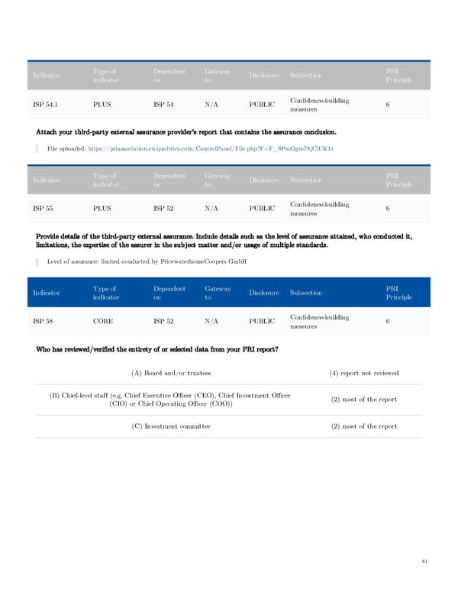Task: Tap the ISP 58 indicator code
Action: tap(43, 322)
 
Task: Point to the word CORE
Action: tap(103, 322)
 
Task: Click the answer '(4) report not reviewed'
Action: tap(364, 373)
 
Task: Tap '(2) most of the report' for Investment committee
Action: tap(364, 426)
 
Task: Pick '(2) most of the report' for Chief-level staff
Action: tap(364, 400)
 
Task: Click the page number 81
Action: tap(424, 562)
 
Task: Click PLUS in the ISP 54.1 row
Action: tap(102, 105)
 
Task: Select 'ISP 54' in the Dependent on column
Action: tap(163, 105)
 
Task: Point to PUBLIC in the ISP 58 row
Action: tap(262, 322)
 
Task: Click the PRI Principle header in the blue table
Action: tap(398, 293)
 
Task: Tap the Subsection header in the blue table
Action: tap(306, 293)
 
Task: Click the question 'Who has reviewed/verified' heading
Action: tap(156, 350)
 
